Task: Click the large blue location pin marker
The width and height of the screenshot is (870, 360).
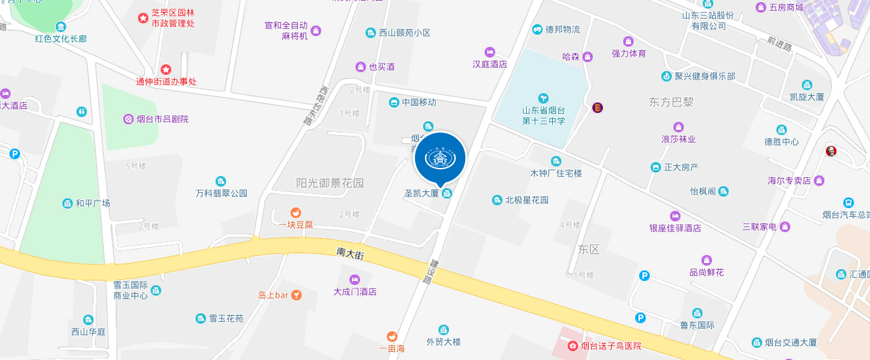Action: [440, 159]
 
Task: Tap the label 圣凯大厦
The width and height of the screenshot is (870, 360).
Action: [422, 193]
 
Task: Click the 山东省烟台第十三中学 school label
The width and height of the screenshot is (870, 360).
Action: [543, 116]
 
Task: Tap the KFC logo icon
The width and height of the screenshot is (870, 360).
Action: [831, 152]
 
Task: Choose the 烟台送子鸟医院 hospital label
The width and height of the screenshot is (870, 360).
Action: [610, 346]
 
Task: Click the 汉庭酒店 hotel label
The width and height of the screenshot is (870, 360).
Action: [490, 64]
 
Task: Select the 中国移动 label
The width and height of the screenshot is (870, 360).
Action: [418, 102]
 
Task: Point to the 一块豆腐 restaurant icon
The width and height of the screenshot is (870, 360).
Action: [295, 213]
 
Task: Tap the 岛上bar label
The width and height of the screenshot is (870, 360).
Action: [273, 294]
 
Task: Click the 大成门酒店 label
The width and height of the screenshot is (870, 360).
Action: [355, 292]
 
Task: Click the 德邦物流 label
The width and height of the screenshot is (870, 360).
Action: [562, 29]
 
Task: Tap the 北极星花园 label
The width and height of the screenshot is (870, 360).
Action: [527, 200]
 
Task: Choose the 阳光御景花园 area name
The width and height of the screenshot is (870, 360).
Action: [330, 183]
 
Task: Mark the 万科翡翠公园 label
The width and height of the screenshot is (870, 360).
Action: [221, 193]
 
